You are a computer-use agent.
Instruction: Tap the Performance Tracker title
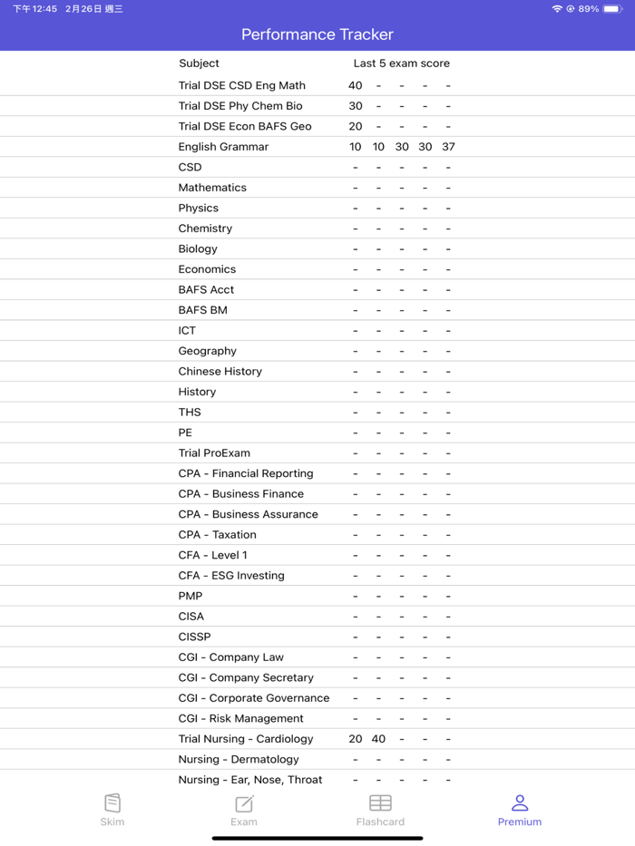pos(317,34)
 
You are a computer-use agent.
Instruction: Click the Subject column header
pos(199,63)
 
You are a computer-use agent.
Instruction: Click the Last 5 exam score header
pos(401,63)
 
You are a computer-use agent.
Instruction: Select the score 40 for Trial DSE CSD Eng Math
pos(355,85)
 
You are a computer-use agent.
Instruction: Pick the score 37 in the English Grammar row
pos(448,147)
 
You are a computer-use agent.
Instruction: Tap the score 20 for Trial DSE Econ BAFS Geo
pos(355,126)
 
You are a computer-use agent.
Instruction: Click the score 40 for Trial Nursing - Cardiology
pos(378,739)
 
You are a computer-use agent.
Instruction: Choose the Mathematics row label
pos(212,188)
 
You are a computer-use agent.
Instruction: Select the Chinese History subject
pos(220,371)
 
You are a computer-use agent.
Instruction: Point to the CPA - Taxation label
pos(217,535)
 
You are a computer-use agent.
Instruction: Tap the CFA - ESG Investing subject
pos(231,576)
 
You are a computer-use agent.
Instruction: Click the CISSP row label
pos(194,637)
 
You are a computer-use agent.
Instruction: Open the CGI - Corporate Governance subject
pos(254,698)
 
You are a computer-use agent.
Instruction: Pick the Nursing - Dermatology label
pos(239,759)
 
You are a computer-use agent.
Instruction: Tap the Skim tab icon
pos(112,802)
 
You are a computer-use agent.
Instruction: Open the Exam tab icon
pos(244,802)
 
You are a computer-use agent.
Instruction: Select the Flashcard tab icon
pos(380,802)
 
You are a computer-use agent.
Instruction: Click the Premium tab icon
pos(520,802)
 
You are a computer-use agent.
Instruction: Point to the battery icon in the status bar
pos(612,9)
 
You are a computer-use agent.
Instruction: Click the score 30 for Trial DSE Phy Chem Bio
pos(355,106)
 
